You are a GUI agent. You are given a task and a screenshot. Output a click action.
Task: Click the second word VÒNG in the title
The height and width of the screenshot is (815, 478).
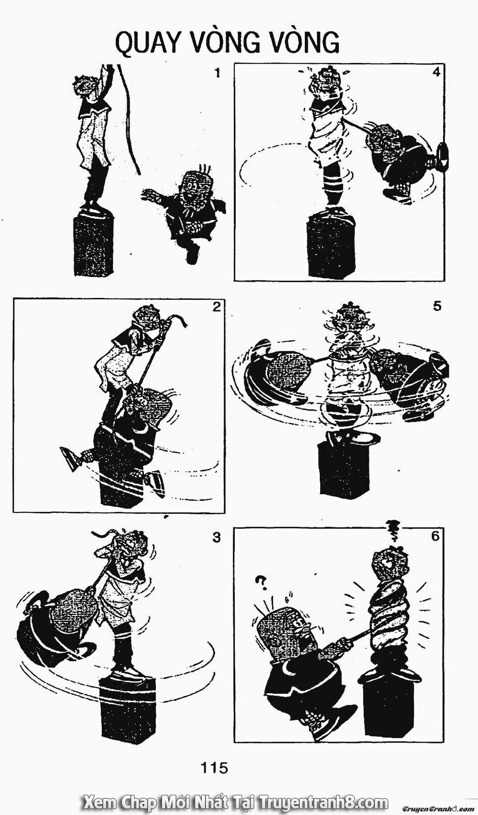coord(304,44)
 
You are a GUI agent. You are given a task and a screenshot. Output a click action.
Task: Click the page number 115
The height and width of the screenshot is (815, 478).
coord(214,768)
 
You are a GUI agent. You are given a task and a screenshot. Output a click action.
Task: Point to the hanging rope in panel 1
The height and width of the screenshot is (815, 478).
coord(129,119)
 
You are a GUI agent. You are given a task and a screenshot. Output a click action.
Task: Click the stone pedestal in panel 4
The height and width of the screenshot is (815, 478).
coord(329,246)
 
